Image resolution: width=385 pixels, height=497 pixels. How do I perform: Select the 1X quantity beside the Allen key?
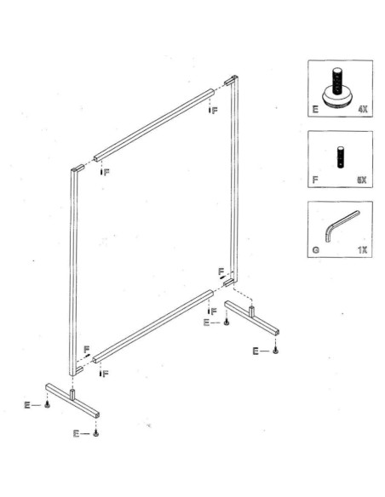(361, 251)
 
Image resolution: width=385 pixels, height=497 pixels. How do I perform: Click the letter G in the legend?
(314, 251)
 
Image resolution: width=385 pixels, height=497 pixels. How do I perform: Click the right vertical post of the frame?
(233, 179)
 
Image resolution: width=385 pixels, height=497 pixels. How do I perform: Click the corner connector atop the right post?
(231, 82)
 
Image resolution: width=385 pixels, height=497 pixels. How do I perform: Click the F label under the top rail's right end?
(214, 111)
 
